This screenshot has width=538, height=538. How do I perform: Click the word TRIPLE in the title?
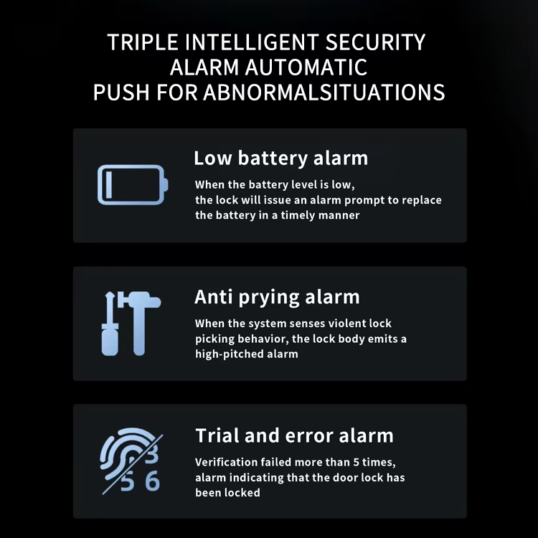point(143,42)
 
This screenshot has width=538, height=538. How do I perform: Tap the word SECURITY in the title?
point(375,42)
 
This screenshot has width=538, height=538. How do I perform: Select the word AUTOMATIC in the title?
point(306,67)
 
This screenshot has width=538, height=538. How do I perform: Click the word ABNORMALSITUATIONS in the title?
point(324,93)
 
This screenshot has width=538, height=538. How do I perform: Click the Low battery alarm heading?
point(280,159)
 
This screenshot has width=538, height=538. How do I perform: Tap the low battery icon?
point(133,185)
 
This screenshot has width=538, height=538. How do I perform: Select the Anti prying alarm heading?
point(277,297)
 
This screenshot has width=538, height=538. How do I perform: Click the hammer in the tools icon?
point(139,324)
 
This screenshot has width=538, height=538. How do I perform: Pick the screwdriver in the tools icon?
point(110,324)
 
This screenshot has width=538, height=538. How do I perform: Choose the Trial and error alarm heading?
point(294,435)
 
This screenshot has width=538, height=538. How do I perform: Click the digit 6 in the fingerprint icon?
point(152,481)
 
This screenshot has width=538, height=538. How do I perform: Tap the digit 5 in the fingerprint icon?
point(127,483)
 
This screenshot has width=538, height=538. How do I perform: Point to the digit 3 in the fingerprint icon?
point(151,454)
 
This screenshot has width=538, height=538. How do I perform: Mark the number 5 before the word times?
point(356,463)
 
